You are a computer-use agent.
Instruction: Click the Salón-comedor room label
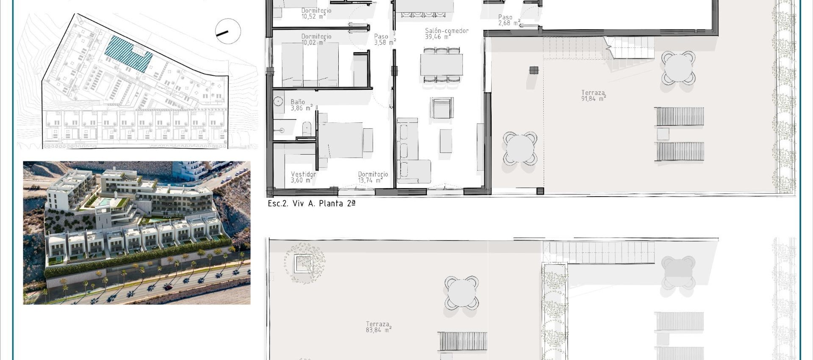[446, 34]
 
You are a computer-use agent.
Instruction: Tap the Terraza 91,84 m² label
[593, 96]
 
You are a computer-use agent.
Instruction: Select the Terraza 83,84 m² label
[378, 327]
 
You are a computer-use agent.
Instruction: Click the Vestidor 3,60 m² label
[303, 177]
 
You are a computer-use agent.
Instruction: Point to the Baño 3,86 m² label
[301, 105]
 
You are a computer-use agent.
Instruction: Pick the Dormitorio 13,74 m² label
[373, 177]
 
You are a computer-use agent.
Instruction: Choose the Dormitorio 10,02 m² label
[316, 39]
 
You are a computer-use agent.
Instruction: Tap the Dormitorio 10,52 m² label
[316, 14]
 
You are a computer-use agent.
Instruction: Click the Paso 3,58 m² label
[384, 39]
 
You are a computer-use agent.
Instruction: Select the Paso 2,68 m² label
[509, 20]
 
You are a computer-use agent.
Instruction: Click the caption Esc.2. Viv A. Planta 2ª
[311, 204]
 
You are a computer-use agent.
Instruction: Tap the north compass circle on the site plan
[228, 31]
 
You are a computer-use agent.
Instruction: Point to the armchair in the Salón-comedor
[442, 108]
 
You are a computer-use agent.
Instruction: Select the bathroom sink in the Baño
[278, 102]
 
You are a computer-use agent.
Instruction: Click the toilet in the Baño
[307, 129]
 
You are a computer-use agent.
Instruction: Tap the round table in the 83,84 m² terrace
[462, 292]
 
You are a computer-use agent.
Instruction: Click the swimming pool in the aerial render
[103, 202]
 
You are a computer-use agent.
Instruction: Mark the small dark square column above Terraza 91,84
[534, 70]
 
